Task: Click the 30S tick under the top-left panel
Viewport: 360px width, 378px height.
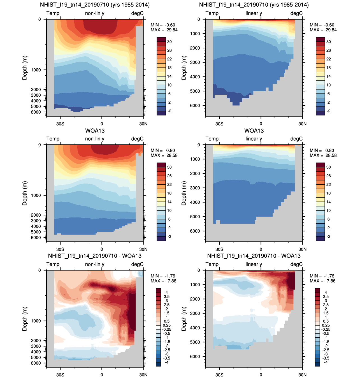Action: pyautogui.click(x=60, y=124)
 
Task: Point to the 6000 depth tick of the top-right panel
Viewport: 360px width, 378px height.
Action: pyautogui.click(x=195, y=106)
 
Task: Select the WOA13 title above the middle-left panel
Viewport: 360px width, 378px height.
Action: pyautogui.click(x=95, y=131)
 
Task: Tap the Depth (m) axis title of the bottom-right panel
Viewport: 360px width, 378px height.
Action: pyautogui.click(x=184, y=319)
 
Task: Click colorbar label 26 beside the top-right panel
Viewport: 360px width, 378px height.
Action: pyautogui.click(x=329, y=50)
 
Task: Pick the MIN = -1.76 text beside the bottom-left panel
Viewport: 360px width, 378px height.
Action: pyautogui.click(x=163, y=276)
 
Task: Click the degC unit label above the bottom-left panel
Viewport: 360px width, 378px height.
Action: pyautogui.click(x=137, y=264)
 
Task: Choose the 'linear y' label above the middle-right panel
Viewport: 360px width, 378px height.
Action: pyautogui.click(x=254, y=139)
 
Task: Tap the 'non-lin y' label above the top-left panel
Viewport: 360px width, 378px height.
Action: pyautogui.click(x=95, y=13)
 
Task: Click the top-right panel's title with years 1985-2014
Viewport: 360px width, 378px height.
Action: pyautogui.click(x=254, y=5)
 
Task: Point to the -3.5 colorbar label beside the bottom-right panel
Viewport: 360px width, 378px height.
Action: pyautogui.click(x=326, y=358)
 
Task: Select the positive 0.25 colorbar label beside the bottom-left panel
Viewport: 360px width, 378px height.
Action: pyautogui.click(x=167, y=325)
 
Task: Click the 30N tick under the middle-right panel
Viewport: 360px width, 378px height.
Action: pyautogui.click(x=302, y=249)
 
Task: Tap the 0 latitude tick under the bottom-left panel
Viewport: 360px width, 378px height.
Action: pyautogui.click(x=102, y=375)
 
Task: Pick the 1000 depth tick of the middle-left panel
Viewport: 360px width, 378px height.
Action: pyautogui.click(x=36, y=196)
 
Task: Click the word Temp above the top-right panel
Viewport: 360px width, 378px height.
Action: pyautogui.click(x=212, y=13)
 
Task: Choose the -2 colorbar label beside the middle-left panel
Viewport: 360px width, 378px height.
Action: pyautogui.click(x=169, y=236)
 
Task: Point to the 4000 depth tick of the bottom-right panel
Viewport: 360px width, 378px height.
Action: pyautogui.click(x=195, y=328)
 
